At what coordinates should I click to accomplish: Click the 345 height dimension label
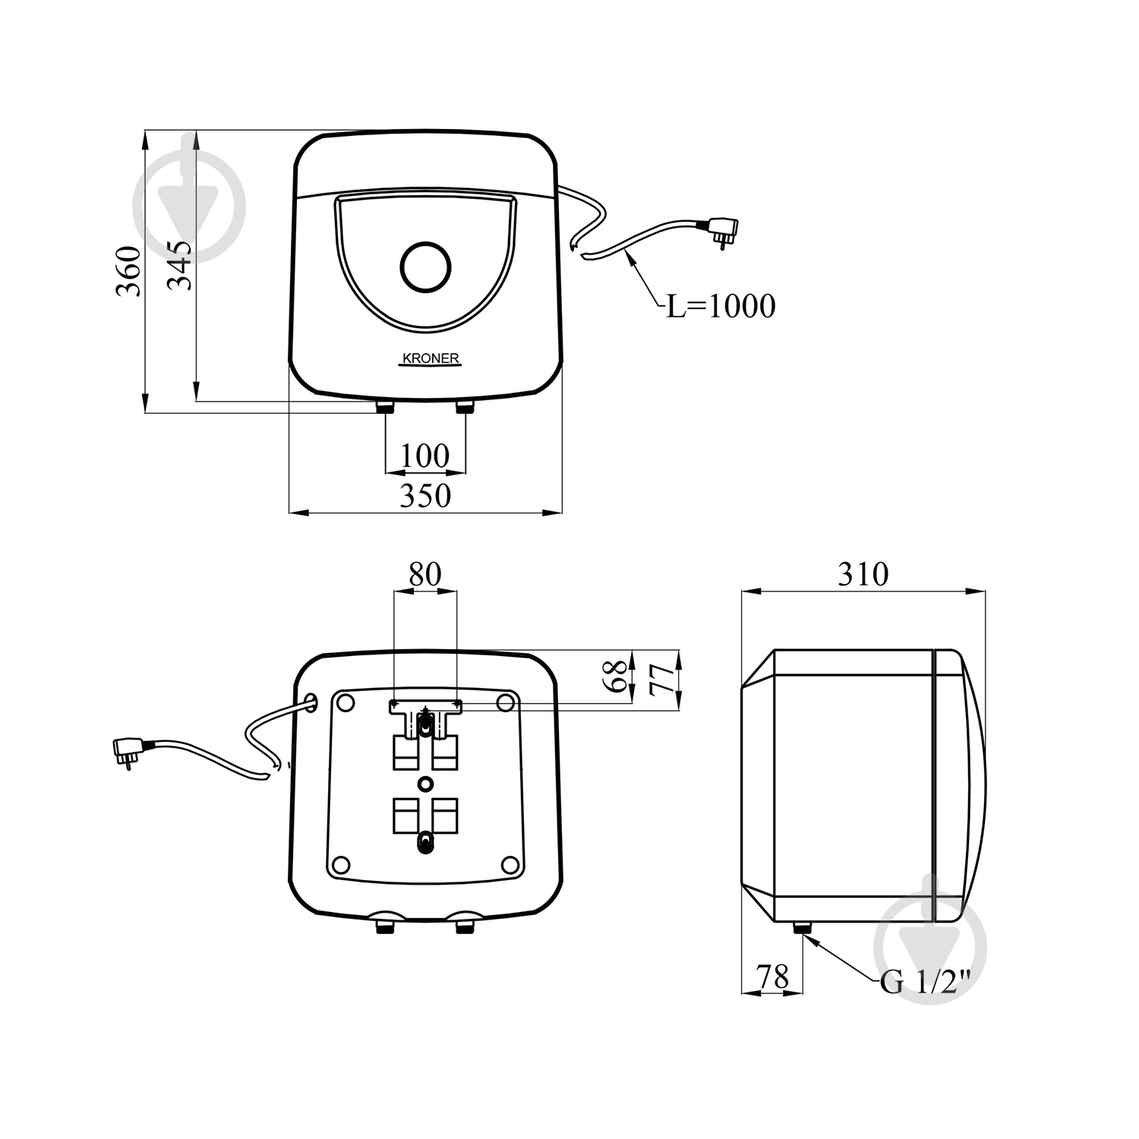tap(180, 265)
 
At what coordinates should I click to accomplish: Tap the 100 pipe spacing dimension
tap(425, 456)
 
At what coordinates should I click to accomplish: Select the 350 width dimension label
tap(425, 495)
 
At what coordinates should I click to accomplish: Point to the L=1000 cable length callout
tap(721, 306)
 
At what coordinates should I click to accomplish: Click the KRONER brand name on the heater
tap(430, 358)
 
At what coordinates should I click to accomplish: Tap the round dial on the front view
tap(425, 267)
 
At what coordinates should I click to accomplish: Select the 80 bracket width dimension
tap(425, 575)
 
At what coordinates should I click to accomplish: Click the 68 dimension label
tap(618, 675)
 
